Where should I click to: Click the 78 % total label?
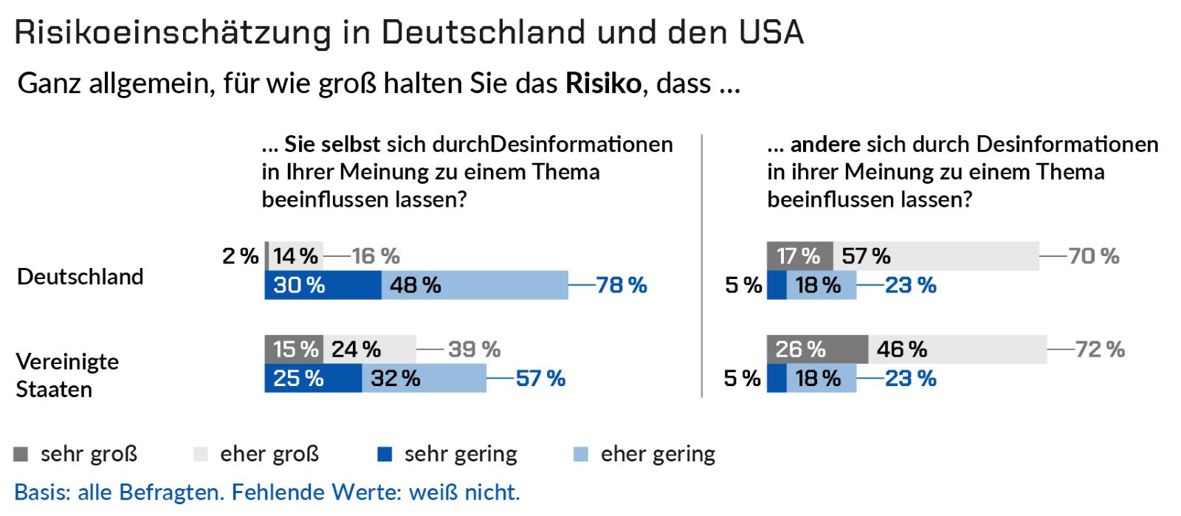(622, 285)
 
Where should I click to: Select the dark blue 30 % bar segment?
(323, 285)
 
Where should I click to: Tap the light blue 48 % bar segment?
(475, 285)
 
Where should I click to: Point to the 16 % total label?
(376, 256)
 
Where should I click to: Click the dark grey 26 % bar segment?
(817, 349)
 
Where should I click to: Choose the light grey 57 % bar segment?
(936, 256)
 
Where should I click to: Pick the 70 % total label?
(1094, 256)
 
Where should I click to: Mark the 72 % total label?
(1100, 349)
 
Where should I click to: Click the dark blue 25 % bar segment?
(313, 378)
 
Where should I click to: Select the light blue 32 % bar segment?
(424, 378)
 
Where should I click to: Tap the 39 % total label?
(475, 349)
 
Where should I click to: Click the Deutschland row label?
(80, 277)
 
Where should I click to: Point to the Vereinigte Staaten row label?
(67, 375)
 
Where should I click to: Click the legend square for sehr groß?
(21, 454)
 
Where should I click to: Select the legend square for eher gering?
(580, 454)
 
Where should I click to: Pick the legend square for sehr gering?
(385, 454)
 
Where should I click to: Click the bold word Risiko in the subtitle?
(603, 83)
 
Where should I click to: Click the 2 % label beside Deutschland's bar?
(241, 256)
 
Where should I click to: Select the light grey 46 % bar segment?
(957, 349)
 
